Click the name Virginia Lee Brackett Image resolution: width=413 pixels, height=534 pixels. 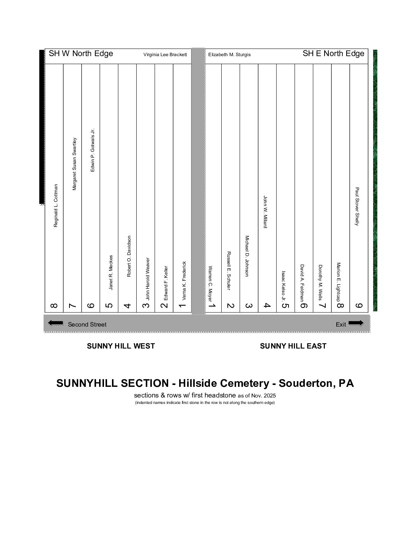[165, 55]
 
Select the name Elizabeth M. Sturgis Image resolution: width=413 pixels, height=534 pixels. [229, 55]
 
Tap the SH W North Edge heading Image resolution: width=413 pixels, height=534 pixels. [81, 53]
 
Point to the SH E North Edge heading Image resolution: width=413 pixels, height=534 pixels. [333, 53]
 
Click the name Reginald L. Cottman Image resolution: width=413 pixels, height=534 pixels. [56, 206]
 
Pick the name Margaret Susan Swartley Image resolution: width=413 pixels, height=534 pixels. [74, 164]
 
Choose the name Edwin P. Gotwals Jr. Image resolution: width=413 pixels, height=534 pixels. [93, 150]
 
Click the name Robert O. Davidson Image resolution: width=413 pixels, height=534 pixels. [129, 256]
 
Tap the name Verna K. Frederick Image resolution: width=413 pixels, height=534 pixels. [184, 281]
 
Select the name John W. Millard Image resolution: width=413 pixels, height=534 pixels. [265, 212]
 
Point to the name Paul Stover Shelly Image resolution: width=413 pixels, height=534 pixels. [357, 206]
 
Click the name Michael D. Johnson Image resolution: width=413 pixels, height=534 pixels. [247, 256]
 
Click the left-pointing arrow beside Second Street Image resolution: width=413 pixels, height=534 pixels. [55, 323]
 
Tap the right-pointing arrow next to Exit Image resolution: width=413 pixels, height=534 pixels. [356, 323]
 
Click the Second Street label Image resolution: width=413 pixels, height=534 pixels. [87, 325]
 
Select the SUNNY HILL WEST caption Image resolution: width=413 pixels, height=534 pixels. [121, 346]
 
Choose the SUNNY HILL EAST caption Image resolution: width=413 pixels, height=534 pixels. [293, 346]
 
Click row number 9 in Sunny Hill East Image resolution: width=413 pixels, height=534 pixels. [359, 306]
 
